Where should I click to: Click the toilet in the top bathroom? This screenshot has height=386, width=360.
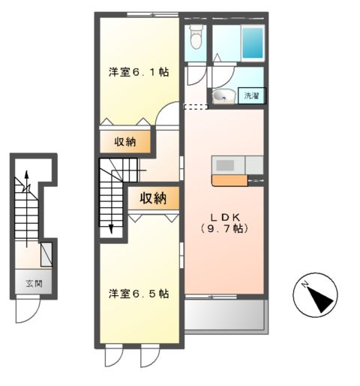(x=196, y=35)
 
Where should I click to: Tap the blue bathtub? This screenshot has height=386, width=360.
(x=253, y=44)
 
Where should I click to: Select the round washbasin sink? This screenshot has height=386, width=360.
(x=222, y=96)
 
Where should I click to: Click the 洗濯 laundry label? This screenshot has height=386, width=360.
(x=250, y=96)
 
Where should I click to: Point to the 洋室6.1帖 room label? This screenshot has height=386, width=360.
(x=138, y=72)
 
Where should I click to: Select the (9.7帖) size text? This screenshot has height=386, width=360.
(x=223, y=228)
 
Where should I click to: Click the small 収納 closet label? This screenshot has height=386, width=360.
(x=124, y=142)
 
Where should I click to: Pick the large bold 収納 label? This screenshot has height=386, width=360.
(x=154, y=198)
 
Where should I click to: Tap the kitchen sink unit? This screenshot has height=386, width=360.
(x=226, y=164)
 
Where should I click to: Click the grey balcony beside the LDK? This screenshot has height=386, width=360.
(x=224, y=315)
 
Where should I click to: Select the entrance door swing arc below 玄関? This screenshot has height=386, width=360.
(x=27, y=311)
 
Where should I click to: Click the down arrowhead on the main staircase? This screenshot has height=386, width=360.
(x=111, y=229)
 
